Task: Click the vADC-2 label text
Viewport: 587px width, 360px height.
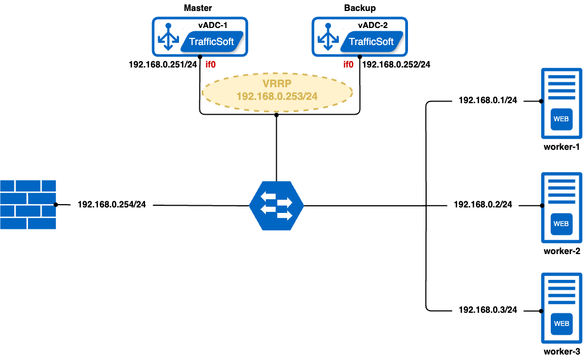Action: [372, 25]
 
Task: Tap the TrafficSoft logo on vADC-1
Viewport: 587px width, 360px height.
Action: [211, 42]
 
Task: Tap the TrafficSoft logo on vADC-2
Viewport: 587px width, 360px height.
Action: [371, 42]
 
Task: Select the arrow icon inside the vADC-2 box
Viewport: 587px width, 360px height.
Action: [328, 37]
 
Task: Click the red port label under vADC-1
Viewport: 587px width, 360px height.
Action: [210, 65]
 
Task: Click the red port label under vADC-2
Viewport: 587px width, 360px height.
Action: [348, 65]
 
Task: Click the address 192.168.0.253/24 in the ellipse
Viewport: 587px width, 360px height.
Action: [277, 97]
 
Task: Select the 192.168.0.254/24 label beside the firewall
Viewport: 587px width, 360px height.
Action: [111, 205]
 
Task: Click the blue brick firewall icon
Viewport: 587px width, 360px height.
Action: [27, 204]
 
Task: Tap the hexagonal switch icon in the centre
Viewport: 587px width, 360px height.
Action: [276, 204]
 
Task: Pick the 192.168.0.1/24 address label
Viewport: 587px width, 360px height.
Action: [488, 100]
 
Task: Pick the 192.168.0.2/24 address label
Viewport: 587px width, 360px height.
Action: [483, 204]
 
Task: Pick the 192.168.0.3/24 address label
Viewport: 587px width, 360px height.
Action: [488, 310]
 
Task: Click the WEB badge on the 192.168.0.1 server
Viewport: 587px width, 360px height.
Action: [561, 119]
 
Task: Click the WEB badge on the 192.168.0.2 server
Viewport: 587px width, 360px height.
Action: [561, 223]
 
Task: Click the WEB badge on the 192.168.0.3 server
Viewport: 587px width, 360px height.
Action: [561, 323]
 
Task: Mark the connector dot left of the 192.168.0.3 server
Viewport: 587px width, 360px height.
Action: [541, 311]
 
